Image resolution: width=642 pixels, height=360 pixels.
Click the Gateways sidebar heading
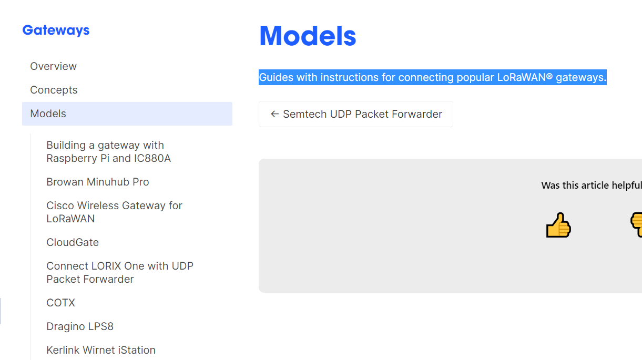coord(56,30)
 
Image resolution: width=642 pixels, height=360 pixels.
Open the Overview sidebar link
coord(53,66)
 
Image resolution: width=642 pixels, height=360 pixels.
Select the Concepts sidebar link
coord(54,90)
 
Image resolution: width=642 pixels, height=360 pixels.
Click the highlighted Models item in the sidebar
coord(127,114)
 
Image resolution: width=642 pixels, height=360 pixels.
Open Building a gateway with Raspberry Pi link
coord(109,152)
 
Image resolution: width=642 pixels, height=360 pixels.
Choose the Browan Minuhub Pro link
coord(98,182)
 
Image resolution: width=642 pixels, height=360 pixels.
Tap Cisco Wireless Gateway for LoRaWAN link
coord(114,212)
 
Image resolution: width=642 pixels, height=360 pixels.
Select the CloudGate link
coord(73,243)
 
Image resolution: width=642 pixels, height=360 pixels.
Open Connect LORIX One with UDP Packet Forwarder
coord(120,273)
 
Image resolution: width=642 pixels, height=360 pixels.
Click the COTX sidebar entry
coord(61,303)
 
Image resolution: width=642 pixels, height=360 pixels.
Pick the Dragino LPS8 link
coord(80,326)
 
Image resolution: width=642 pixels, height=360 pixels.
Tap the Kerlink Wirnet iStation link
coord(101,350)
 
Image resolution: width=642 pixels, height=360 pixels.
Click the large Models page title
coord(308,36)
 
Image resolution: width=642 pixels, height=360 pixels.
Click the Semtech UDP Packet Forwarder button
coord(355,114)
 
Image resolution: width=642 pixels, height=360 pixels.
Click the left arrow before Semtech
coord(274,114)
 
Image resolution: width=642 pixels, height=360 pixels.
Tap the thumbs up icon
coord(558,225)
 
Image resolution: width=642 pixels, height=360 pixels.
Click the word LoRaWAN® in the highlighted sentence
coord(525,77)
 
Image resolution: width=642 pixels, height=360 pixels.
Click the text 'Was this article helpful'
coord(592,186)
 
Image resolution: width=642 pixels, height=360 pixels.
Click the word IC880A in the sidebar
coord(152,158)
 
